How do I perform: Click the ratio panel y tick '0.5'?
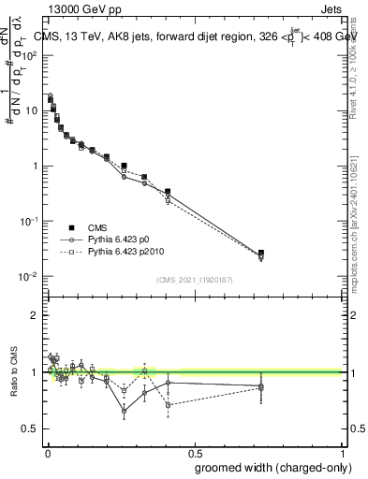pyautogui.click(x=31, y=428)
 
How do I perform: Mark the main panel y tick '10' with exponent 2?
pyautogui.click(x=29, y=54)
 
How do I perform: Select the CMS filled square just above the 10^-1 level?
pyautogui.click(x=168, y=192)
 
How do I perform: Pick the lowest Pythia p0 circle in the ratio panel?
pyautogui.click(x=124, y=411)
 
